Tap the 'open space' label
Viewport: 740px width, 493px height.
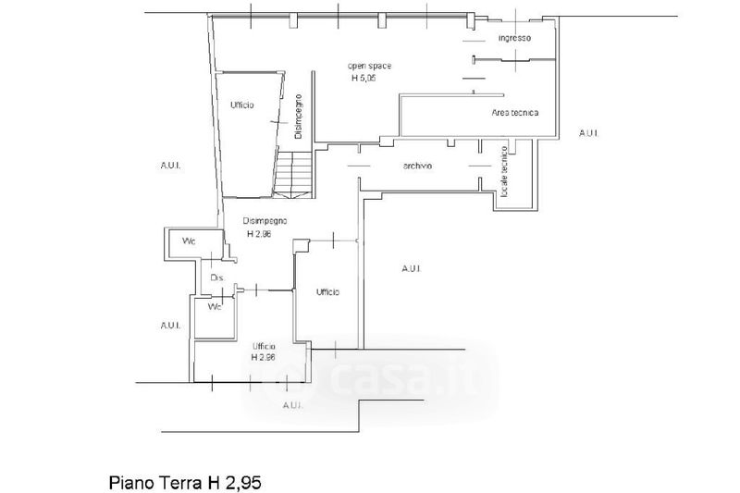pyautogui.click(x=363, y=67)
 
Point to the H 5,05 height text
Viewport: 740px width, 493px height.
pyautogui.click(x=363, y=79)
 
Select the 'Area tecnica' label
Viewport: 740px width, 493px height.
pyautogui.click(x=515, y=113)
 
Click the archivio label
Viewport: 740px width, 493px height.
pyautogui.click(x=418, y=166)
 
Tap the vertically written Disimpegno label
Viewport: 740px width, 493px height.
pyautogui.click(x=299, y=117)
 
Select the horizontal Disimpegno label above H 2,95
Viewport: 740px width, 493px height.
pyautogui.click(x=265, y=221)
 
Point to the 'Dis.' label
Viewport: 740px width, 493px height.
pyautogui.click(x=218, y=277)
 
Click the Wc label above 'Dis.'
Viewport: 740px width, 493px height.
pyautogui.click(x=189, y=242)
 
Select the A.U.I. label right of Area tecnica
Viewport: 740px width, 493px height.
pyautogui.click(x=588, y=133)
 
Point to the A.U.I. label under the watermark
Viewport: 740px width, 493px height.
pyautogui.click(x=293, y=406)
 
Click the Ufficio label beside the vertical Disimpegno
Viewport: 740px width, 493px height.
pyautogui.click(x=242, y=105)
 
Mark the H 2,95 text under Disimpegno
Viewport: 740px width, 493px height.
pyautogui.click(x=260, y=234)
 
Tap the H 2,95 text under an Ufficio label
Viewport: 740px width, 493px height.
pyautogui.click(x=264, y=357)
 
